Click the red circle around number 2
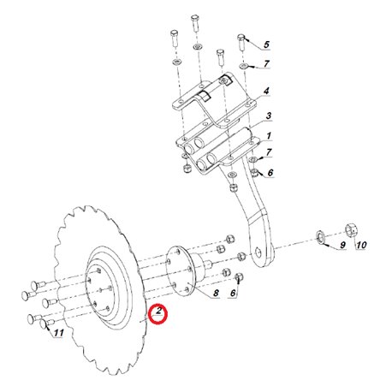pos(158,314)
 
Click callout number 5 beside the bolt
pos(266,45)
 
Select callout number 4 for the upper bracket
pos(266,92)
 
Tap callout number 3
pos(268,116)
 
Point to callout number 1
pos(269,136)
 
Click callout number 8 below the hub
pos(216,293)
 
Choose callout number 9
pos(342,245)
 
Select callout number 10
pos(361,245)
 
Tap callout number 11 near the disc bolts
pos(59,333)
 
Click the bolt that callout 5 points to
pos(241,42)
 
